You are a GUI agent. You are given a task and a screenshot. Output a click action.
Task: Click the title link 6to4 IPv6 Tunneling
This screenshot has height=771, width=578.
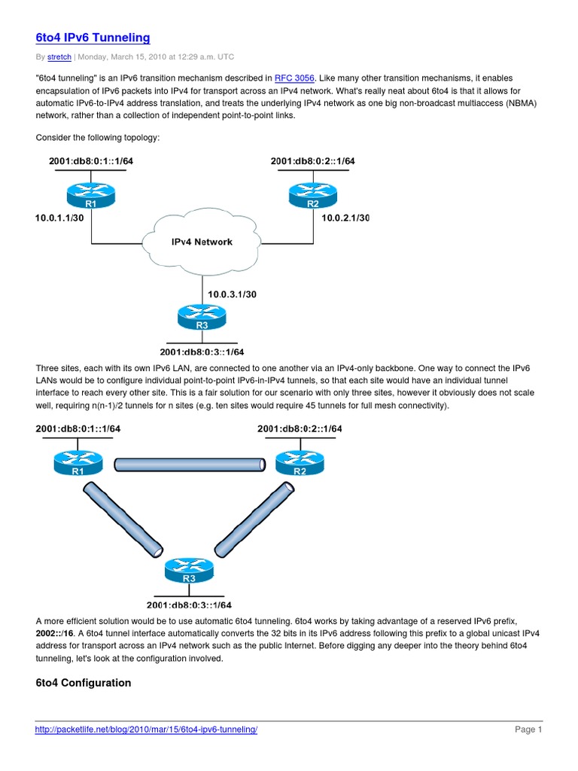tap(93, 37)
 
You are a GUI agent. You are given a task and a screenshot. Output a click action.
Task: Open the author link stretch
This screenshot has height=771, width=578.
tap(59, 56)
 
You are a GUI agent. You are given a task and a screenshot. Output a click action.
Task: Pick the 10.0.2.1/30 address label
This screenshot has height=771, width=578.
tap(345, 218)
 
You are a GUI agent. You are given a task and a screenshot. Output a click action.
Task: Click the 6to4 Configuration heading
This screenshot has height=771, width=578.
tap(83, 683)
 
